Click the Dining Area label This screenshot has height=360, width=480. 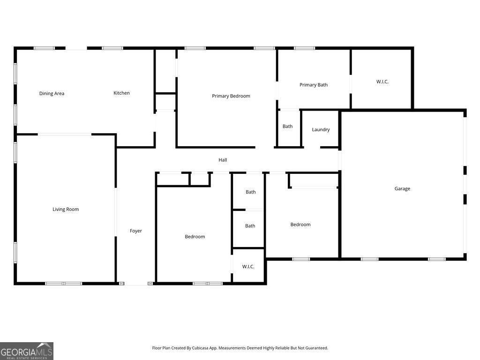[52, 93]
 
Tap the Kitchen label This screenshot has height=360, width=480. [121, 93]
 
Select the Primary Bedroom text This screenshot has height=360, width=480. [231, 96]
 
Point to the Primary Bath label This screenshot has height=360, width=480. [314, 85]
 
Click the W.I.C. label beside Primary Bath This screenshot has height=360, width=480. [382, 82]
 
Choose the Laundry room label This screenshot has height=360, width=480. [321, 129]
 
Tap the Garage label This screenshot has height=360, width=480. [402, 188]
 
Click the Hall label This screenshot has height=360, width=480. [223, 160]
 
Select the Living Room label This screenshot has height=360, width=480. [66, 209]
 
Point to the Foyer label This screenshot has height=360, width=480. [136, 231]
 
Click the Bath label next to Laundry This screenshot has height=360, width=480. [287, 126]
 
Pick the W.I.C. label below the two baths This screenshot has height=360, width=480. [248, 267]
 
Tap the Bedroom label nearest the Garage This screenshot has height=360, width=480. [300, 225]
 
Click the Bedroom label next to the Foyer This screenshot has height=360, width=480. [195, 237]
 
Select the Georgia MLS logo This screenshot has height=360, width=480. [27, 351]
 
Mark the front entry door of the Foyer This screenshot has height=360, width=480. [136, 284]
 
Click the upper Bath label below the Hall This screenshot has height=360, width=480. [251, 192]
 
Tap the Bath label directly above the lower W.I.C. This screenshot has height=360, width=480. [250, 226]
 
